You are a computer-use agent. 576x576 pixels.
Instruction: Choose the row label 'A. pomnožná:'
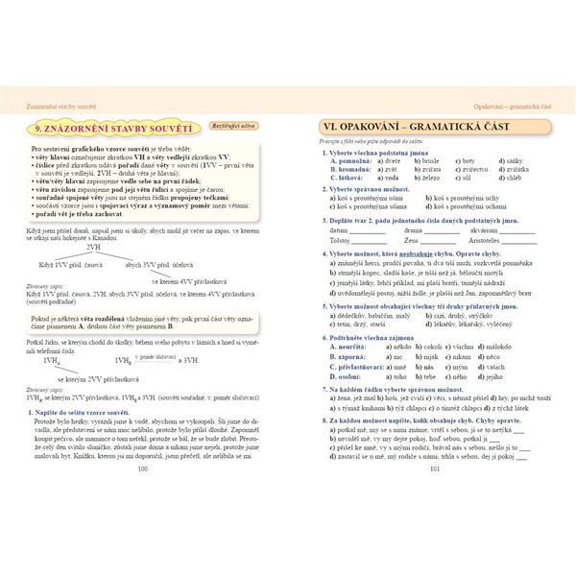click(351, 160)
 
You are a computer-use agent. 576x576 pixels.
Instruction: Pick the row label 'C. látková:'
click(348, 178)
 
